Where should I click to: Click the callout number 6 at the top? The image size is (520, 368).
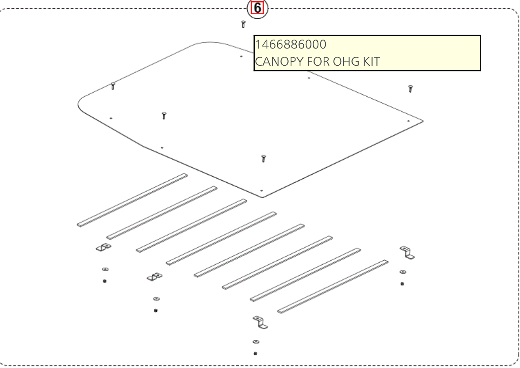[x=257, y=8]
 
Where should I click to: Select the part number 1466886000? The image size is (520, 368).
[x=291, y=44]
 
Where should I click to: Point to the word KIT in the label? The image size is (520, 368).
[x=371, y=62]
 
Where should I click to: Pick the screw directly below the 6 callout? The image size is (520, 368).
[x=243, y=24]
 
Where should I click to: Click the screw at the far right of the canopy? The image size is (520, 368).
[x=411, y=89]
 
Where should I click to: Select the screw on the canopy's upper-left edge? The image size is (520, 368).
[x=113, y=86]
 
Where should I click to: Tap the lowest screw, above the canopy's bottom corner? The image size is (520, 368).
[x=264, y=158]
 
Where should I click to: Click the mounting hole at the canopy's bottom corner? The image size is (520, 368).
[x=261, y=191]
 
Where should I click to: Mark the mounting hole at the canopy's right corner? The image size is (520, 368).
[x=409, y=121]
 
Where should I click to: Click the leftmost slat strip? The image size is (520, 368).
[x=132, y=200]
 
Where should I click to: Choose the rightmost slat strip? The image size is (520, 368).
[x=333, y=286]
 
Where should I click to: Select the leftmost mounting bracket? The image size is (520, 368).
[x=104, y=247]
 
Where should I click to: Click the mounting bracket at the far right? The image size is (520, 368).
[x=407, y=253]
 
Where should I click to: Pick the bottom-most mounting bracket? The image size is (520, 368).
[x=260, y=323]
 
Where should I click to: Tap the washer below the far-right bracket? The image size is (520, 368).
[x=403, y=272]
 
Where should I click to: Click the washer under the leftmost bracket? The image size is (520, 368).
[x=105, y=269]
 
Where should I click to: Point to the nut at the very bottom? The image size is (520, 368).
[x=256, y=354]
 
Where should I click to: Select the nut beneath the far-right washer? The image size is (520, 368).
[x=402, y=284]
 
